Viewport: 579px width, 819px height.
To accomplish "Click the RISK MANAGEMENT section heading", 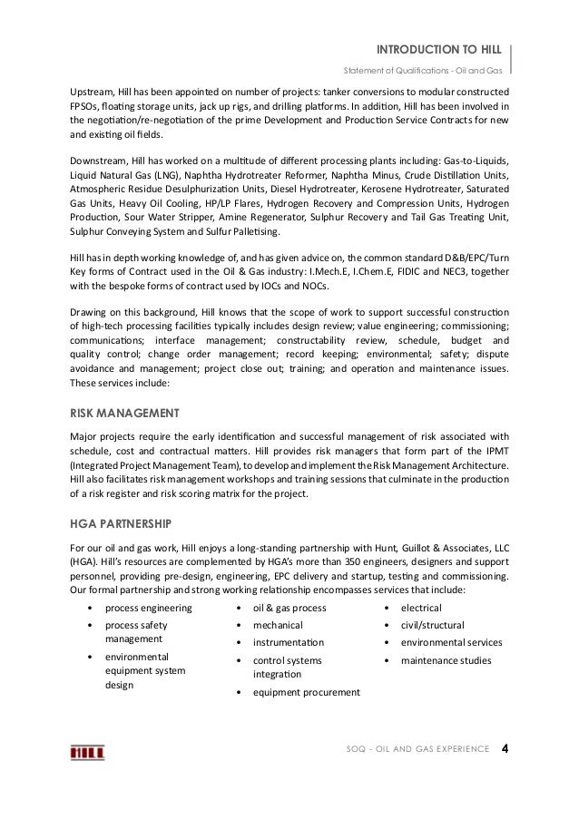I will point(124,414).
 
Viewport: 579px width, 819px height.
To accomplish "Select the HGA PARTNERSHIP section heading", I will point(123,523).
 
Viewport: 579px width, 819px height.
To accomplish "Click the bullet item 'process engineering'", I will point(148,608).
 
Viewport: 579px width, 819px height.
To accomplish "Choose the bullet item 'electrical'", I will point(421,608).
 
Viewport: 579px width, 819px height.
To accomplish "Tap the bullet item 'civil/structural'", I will point(432,625).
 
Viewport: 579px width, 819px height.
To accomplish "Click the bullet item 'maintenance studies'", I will point(446,660).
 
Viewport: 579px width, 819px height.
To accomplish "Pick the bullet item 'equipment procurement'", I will point(306,693).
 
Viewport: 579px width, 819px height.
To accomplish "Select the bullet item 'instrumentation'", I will point(289,643).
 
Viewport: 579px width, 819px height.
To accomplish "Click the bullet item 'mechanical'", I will point(278,625).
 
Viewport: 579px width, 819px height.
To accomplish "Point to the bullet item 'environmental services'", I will point(451,643).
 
